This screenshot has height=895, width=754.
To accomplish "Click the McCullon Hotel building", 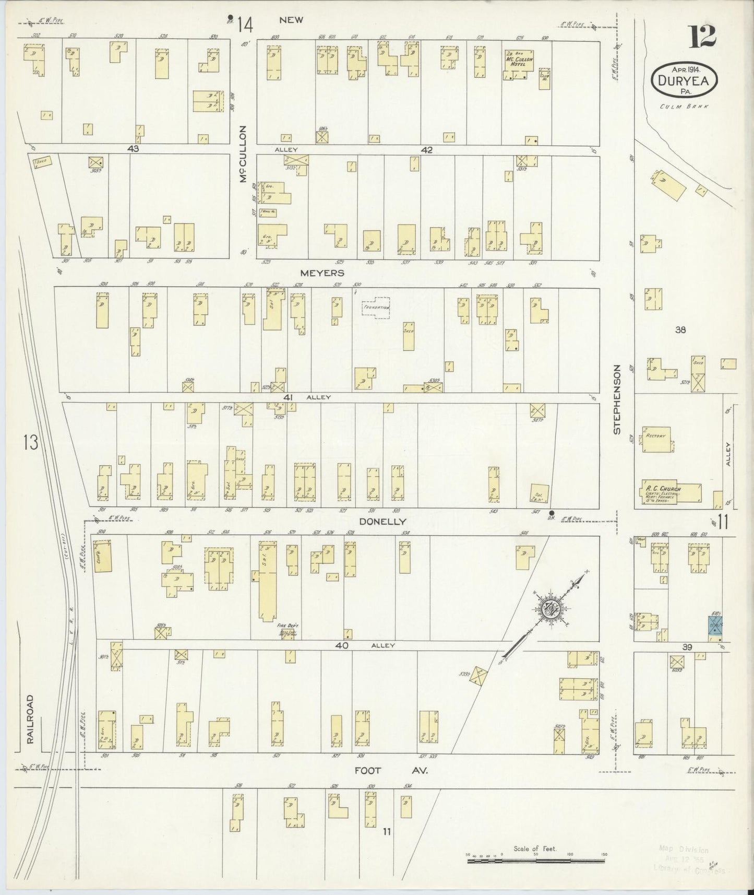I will coord(518,64).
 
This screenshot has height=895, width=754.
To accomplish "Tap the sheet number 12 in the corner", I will coord(701,37).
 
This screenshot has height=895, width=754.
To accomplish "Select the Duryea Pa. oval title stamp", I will coord(684,79).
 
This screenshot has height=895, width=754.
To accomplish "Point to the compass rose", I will coord(550,608).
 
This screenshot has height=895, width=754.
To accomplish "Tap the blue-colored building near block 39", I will coord(715,625).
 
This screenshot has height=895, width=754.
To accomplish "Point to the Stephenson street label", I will coord(616,399).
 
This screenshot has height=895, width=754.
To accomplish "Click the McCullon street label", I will coord(243,155).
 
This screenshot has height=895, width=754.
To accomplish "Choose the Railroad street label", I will coord(30,719).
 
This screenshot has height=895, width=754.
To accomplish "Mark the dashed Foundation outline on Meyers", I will coord(376,308).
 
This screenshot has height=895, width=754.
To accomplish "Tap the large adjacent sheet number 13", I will coord(30,443).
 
